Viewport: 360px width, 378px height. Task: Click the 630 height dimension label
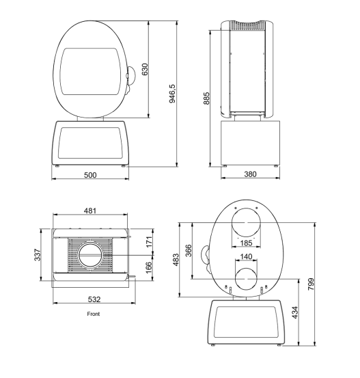pyautogui.click(x=145, y=69)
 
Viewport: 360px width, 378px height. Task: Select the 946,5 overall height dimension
pyautogui.click(x=173, y=94)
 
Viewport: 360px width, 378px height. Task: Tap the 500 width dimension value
pyautogui.click(x=90, y=175)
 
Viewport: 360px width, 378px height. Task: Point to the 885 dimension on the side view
pyautogui.click(x=206, y=98)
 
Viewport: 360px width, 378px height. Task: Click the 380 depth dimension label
pyautogui.click(x=250, y=174)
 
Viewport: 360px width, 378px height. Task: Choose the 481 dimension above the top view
pyautogui.click(x=90, y=211)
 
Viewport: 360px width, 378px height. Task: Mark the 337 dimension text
pyautogui.click(x=38, y=255)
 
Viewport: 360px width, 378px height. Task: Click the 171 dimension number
pyautogui.click(x=150, y=242)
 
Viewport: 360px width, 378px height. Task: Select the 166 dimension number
pyautogui.click(x=149, y=267)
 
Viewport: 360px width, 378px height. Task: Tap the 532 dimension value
pyautogui.click(x=94, y=299)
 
